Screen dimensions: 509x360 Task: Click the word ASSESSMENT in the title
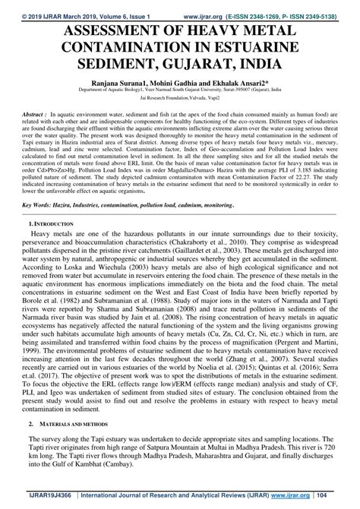pyautogui.click(x=85, y=31)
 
